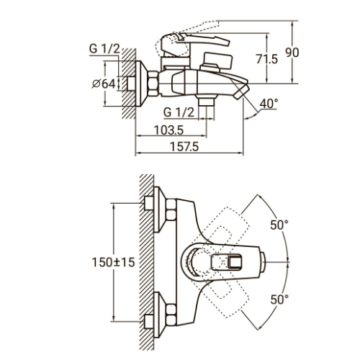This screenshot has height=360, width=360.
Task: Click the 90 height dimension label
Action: (x=292, y=53)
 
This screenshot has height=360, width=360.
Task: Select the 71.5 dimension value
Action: (x=266, y=59)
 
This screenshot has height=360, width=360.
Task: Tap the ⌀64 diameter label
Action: (x=104, y=84)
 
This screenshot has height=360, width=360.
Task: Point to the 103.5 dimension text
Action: (x=168, y=130)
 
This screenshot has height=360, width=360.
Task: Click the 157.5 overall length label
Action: (x=184, y=147)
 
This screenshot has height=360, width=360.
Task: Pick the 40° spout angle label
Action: (x=269, y=104)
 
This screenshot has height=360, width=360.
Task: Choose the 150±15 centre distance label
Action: (x=114, y=262)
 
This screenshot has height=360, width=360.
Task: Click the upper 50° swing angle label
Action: (x=279, y=225)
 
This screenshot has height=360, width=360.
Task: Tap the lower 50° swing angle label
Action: (x=279, y=300)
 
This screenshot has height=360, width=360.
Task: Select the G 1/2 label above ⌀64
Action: (x=104, y=49)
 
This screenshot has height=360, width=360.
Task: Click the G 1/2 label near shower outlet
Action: (x=179, y=112)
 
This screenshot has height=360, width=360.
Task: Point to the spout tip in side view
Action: (x=240, y=92)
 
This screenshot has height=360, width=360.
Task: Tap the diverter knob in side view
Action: (x=217, y=61)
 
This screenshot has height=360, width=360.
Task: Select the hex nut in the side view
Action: (x=153, y=84)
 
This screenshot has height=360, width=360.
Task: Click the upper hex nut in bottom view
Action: (x=171, y=210)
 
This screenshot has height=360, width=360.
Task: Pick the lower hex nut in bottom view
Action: (x=171, y=315)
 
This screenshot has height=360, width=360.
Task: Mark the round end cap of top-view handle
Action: (x=263, y=262)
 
